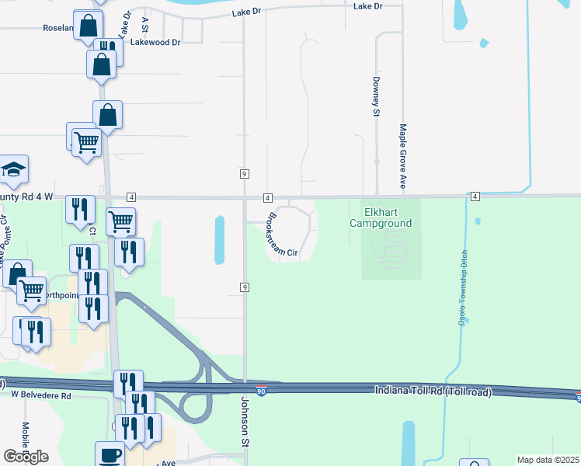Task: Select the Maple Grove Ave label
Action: coord(403,157)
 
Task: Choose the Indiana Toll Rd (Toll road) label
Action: coord(433,391)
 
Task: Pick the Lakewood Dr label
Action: coord(157,42)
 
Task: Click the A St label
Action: coord(145,19)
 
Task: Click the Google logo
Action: coord(26,456)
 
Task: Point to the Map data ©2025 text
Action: coord(548,460)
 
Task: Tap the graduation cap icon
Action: coord(13,171)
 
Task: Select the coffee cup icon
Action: coord(110,454)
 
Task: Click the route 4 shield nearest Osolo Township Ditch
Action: coord(475,196)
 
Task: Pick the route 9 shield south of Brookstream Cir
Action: coord(245,287)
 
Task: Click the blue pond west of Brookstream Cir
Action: coord(219,238)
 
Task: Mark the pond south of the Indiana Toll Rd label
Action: coord(408,443)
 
